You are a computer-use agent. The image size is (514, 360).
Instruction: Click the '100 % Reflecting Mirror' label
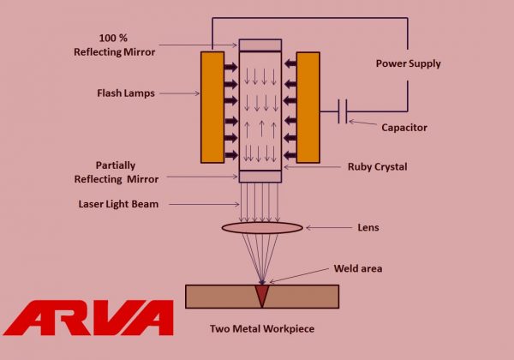pos(127,45)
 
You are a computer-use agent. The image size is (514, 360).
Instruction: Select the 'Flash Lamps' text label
pos(127,93)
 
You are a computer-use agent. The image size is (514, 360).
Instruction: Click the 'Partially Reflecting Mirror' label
pos(126,170)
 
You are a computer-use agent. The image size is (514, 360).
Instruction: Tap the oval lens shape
pos(261,228)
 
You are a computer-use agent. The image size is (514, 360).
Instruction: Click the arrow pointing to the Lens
pos(326,228)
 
